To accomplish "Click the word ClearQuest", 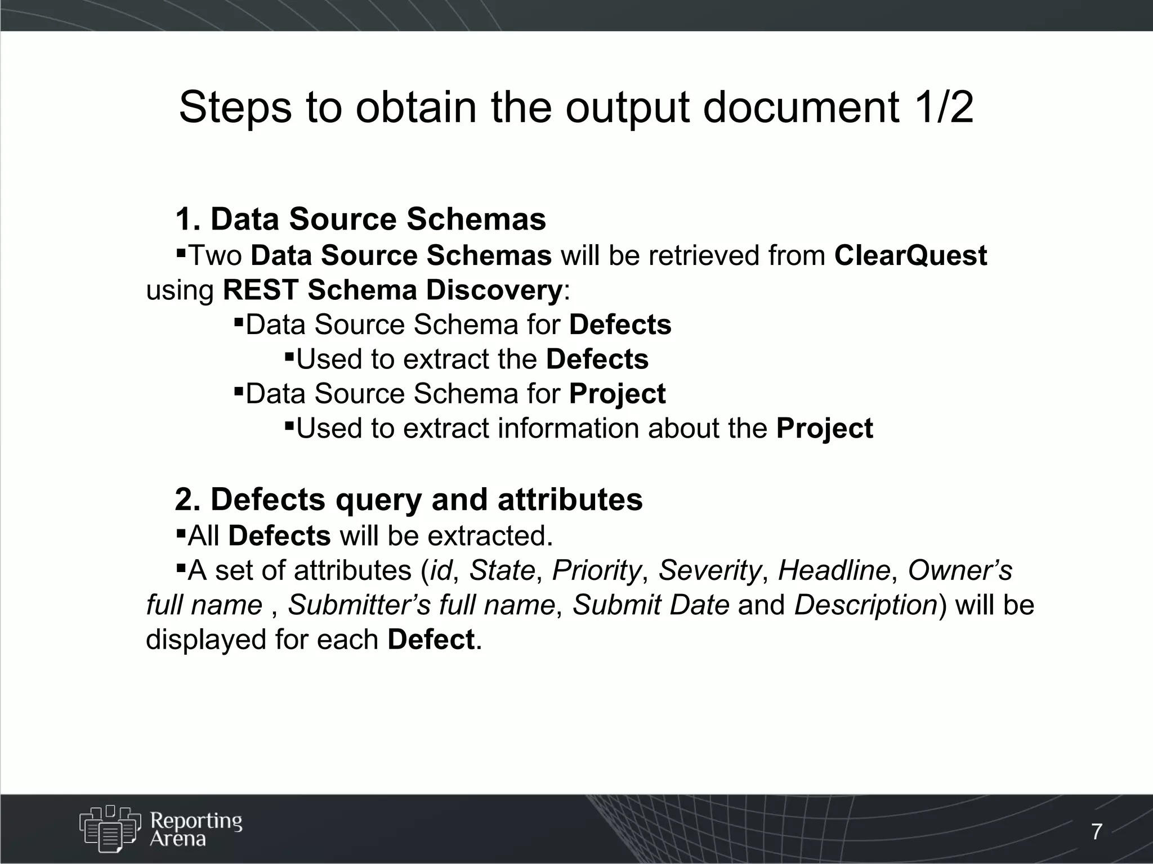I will (910, 256).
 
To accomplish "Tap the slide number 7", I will (1097, 831).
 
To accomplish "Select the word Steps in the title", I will (235, 108).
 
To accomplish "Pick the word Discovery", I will (493, 290).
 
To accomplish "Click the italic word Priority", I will (596, 570).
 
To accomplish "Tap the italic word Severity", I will (709, 570).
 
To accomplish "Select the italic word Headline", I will (834, 570).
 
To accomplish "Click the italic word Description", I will (865, 605).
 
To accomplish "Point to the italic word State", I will (502, 570).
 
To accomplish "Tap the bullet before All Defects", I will (181, 532).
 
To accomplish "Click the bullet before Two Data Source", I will (181, 251).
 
